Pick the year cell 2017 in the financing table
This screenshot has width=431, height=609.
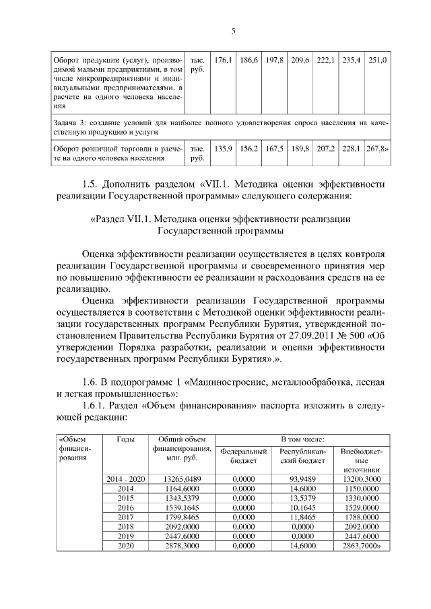click(125, 517)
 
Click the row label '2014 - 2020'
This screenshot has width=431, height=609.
click(125, 478)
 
